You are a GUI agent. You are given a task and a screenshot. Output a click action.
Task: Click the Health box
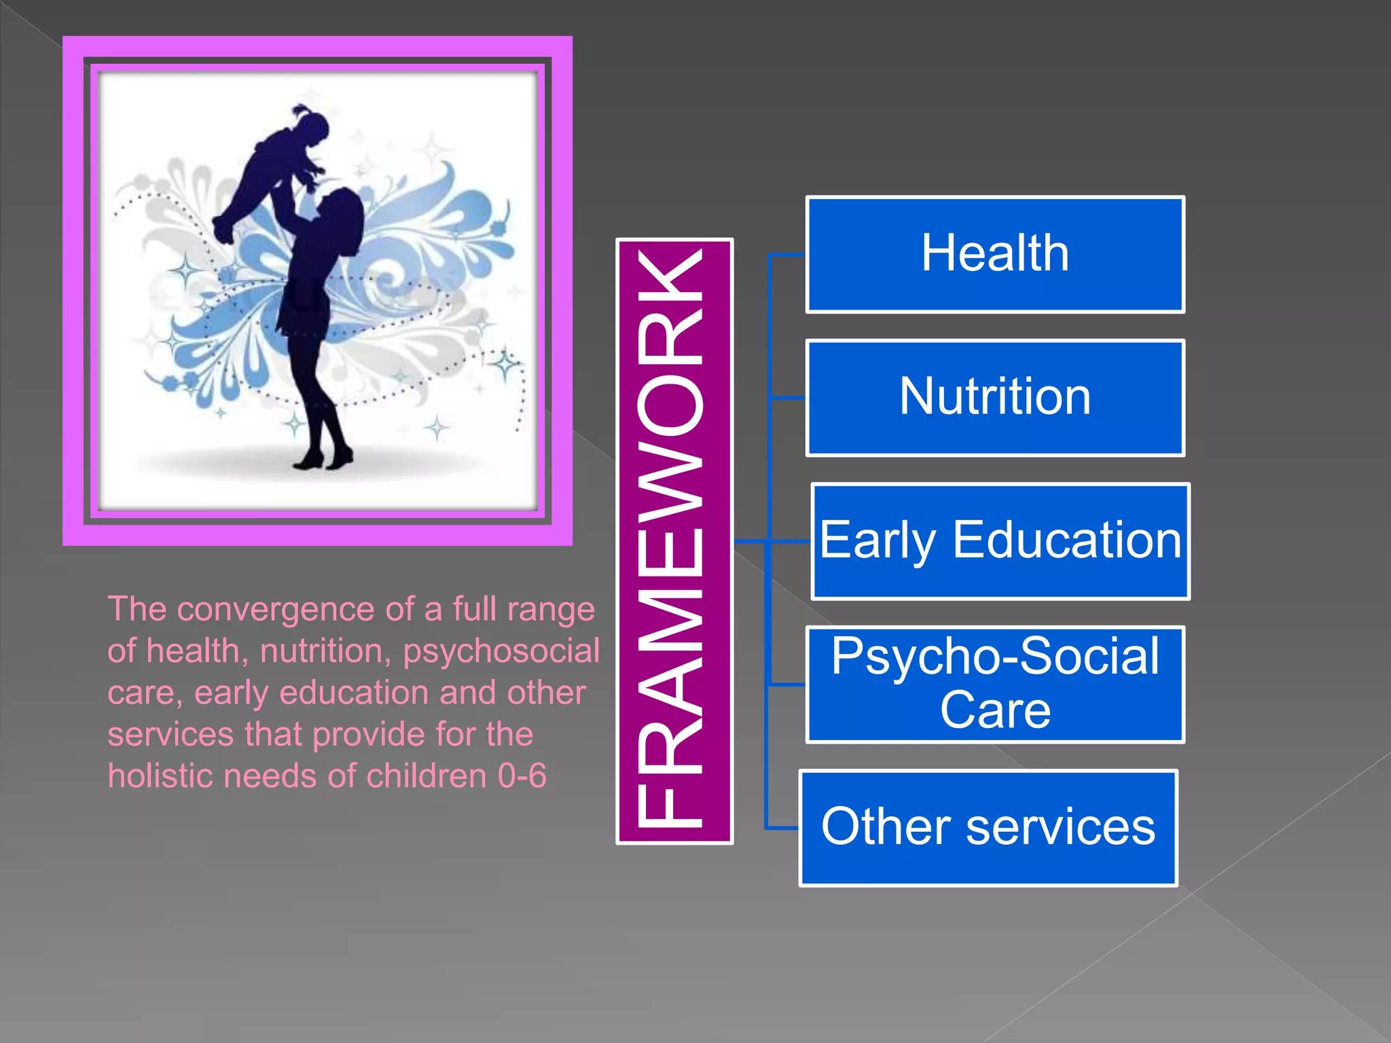pyautogui.click(x=995, y=255)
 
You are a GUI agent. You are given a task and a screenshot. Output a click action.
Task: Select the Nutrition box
pyautogui.click(x=995, y=398)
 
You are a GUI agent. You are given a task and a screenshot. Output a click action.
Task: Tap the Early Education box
pyautogui.click(x=1000, y=541)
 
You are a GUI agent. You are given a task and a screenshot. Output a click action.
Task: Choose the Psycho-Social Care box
pyautogui.click(x=995, y=684)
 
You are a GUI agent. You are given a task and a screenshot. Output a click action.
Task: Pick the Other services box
pyautogui.click(x=988, y=828)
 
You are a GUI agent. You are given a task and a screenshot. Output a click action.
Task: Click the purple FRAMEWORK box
pyautogui.click(x=674, y=541)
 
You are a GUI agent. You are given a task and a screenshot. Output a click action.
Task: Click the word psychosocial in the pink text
pyautogui.click(x=501, y=651)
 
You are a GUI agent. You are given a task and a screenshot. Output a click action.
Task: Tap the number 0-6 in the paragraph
pyautogui.click(x=522, y=775)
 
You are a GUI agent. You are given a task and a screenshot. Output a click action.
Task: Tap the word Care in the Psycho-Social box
pyautogui.click(x=995, y=710)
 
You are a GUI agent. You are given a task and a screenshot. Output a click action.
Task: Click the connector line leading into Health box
pyautogui.click(x=787, y=255)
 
